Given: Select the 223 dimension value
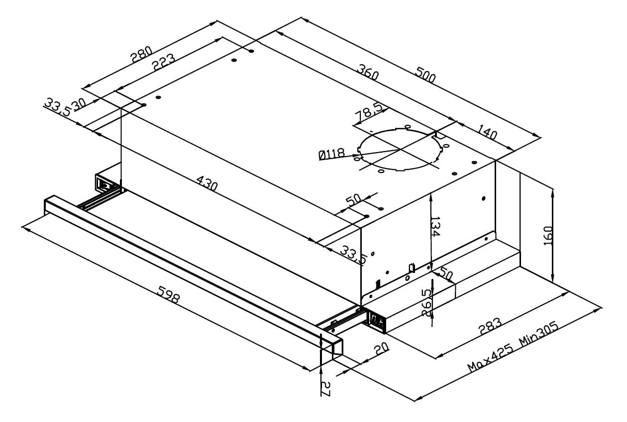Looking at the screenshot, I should (x=163, y=63).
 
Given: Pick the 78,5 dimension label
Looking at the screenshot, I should (x=367, y=114).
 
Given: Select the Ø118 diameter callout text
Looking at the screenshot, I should (x=332, y=155).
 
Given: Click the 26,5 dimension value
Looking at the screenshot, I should (x=427, y=302).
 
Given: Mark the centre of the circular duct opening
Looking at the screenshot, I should (x=400, y=150).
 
